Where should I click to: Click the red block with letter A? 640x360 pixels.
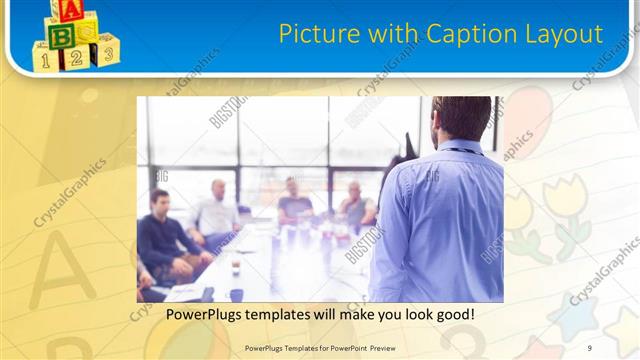coord(69,11)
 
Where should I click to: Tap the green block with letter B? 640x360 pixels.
coord(62,36)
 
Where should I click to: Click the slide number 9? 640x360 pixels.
coord(590,348)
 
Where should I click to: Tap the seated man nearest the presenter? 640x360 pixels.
coord(355,206)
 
